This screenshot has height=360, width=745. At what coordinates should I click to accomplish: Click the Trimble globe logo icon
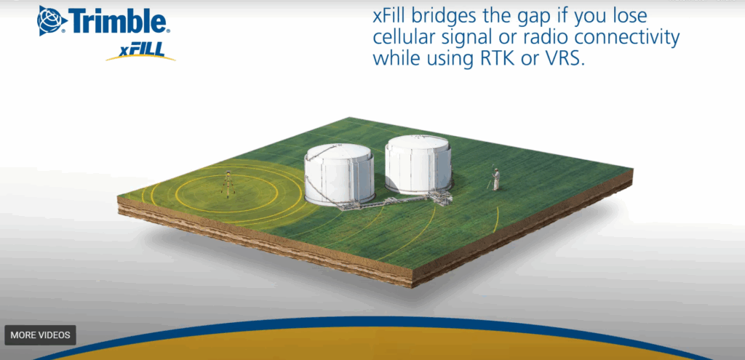pyautogui.click(x=52, y=20)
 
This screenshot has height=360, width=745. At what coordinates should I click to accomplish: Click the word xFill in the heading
pyautogui.click(x=397, y=16)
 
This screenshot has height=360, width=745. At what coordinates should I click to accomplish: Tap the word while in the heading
pyautogui.click(x=397, y=57)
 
